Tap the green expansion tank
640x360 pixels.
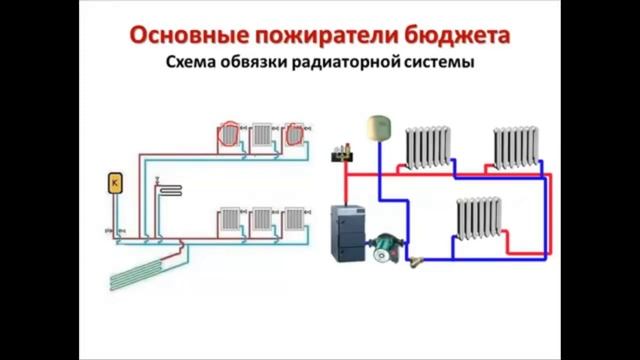[x=378, y=125]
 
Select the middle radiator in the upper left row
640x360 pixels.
[x=263, y=134]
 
